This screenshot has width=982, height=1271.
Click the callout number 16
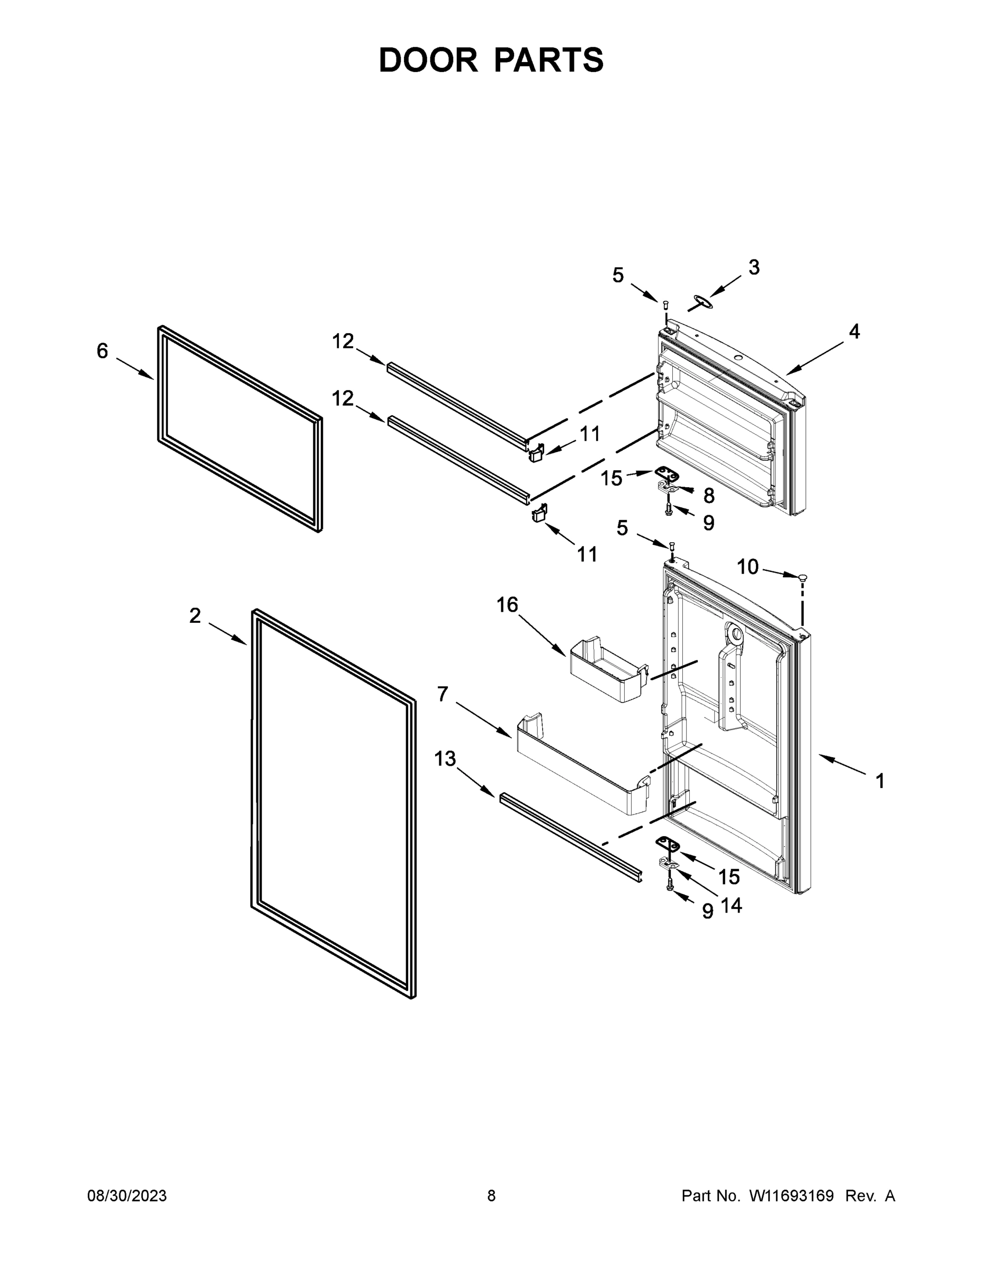click(x=507, y=605)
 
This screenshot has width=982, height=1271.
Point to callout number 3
click(x=753, y=267)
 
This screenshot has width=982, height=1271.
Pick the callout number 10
click(x=747, y=566)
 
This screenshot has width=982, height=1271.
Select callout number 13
click(x=445, y=759)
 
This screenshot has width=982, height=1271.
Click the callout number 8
click(x=709, y=496)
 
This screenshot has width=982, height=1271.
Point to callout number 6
click(x=102, y=351)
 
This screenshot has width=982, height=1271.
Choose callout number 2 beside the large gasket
click(x=195, y=615)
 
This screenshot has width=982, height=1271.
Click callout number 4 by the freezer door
click(x=853, y=332)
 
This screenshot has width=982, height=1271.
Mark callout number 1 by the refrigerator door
click(x=880, y=781)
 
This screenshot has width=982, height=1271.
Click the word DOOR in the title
click(x=428, y=60)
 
